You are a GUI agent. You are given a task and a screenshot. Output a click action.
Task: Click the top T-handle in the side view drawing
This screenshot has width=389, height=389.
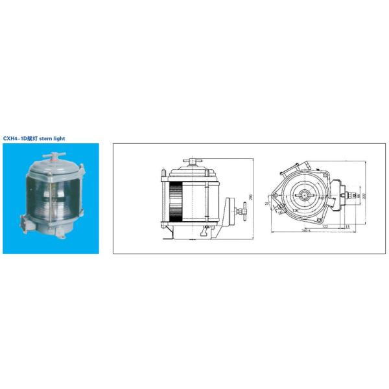pyautogui.click(x=193, y=160)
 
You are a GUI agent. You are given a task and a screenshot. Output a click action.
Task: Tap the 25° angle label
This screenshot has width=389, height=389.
pyautogui.click(x=267, y=204)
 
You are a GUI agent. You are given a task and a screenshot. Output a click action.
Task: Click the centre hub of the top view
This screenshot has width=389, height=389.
pyautogui.click(x=303, y=194)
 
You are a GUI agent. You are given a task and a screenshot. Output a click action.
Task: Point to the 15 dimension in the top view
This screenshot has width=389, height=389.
pyautogui.click(x=348, y=226)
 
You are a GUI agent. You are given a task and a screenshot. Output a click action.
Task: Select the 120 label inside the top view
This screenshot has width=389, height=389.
pyautogui.click(x=296, y=210)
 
